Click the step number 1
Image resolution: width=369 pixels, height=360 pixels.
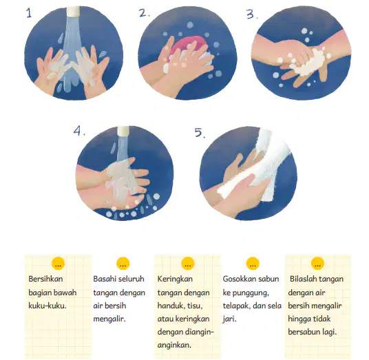tap(29, 13)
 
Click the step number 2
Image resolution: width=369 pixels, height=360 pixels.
tap(144, 13)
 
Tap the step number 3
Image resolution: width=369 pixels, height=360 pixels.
tap(252, 14)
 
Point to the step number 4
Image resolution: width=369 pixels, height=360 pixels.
tap(79, 131)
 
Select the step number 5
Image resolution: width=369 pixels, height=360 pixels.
tap(200, 132)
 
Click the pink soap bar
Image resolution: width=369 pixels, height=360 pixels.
tap(187, 46)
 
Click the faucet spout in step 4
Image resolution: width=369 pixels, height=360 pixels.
tap(123, 131)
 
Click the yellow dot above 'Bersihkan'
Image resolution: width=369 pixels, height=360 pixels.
tap(58, 264)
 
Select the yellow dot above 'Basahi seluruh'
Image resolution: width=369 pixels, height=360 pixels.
tap(123, 264)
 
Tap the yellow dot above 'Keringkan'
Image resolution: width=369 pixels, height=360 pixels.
tap(187, 264)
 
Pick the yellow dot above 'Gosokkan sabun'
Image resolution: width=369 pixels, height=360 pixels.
tap(253, 264)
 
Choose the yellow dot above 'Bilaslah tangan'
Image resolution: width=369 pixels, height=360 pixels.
tap(317, 264)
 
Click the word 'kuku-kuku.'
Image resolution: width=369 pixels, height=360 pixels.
tap(48, 306)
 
